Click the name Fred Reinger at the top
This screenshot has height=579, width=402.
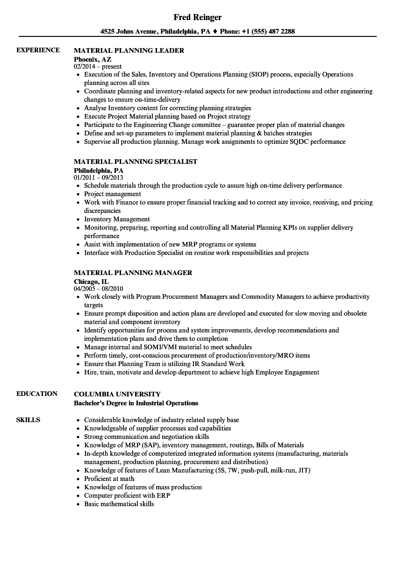point(197,17)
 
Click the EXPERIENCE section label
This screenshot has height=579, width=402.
point(38,50)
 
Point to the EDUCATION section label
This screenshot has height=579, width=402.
point(37,394)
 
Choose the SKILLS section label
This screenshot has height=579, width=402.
point(28,420)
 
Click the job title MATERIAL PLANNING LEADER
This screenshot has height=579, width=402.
point(129,50)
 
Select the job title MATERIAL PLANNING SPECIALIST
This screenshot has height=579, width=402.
point(136,162)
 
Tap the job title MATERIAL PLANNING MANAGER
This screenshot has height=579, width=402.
point(133,273)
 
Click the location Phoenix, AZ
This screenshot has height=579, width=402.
point(93,59)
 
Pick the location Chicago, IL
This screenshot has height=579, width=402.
point(91,281)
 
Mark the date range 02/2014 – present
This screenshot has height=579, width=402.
point(98,67)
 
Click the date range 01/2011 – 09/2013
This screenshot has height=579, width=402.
point(99,178)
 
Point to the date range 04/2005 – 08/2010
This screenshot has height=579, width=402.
point(99,289)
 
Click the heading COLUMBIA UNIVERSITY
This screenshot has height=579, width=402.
point(117,394)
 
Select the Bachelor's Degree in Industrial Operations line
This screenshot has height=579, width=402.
point(136,403)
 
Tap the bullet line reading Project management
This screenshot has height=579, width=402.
point(113,194)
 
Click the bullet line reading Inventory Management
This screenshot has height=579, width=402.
point(117,219)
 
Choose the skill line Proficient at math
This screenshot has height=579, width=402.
point(109,479)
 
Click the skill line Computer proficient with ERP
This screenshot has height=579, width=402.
point(127,495)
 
